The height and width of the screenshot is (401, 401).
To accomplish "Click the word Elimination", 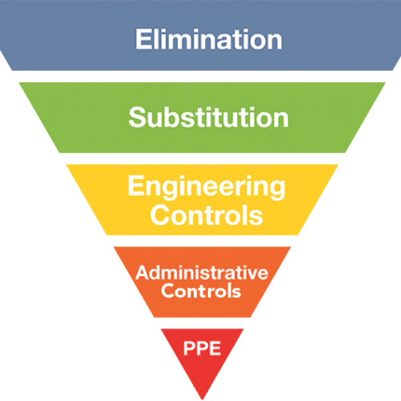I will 208,39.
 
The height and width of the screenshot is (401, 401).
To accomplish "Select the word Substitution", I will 209,118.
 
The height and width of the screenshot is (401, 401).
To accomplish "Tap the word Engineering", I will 206,186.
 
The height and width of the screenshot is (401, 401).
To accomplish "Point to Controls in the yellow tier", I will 206,215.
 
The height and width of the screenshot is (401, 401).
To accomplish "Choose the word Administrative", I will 202,273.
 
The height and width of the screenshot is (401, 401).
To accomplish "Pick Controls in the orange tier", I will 201,291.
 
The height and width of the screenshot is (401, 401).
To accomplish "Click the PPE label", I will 201,348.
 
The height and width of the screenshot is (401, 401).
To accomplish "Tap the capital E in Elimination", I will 142,39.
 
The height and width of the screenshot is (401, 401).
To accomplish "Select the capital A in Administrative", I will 141,273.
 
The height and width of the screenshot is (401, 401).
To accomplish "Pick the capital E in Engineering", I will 134,186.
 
